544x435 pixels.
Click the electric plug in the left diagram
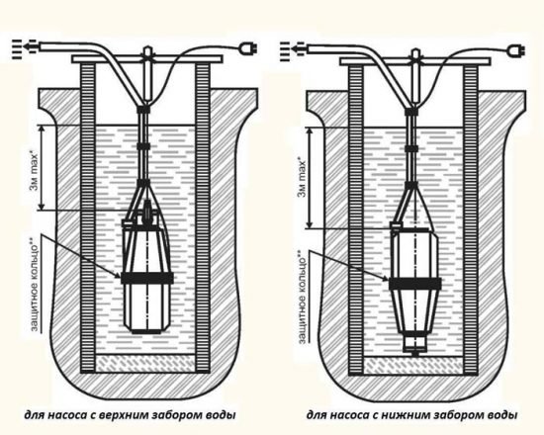[248, 49]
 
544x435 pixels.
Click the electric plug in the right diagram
[516, 51]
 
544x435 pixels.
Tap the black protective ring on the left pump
[147, 278]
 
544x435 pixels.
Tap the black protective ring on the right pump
[415, 284]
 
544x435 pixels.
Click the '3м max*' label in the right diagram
[303, 178]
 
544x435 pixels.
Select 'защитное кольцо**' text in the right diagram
[302, 297]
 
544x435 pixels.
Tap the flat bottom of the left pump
[146, 331]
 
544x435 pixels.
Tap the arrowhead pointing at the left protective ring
[118, 276]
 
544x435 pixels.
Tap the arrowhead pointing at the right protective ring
[385, 278]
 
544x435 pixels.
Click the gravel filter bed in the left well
[145, 363]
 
